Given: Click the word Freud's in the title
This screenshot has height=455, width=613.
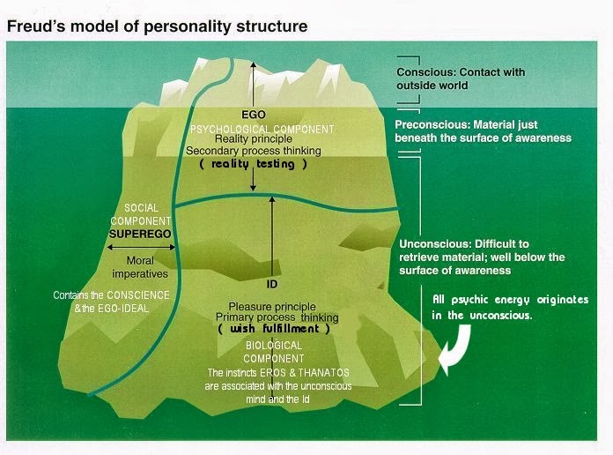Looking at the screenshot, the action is [36, 26].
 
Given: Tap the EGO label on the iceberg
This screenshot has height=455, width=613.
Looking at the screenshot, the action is [254, 115].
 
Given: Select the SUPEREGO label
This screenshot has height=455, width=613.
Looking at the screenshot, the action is [140, 235].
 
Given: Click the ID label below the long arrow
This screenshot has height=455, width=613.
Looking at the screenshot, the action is [271, 284].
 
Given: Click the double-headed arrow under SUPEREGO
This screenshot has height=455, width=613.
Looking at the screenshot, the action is [141, 247].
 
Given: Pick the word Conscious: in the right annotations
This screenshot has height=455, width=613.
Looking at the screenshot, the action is [426, 72].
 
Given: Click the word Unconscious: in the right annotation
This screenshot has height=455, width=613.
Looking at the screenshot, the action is [429, 244].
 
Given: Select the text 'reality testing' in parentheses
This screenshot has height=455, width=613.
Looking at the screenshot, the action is [253, 164].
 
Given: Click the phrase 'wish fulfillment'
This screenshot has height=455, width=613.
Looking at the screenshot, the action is [275, 328].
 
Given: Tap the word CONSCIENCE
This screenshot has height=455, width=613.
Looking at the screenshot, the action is [138, 295].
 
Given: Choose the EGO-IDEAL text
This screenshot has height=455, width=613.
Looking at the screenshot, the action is [123, 309].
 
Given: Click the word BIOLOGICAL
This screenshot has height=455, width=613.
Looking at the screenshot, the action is [274, 346].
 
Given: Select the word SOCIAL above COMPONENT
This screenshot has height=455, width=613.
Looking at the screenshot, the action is [141, 208].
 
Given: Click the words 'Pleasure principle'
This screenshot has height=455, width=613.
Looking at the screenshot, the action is [272, 307].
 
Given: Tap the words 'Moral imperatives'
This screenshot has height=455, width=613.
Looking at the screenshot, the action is [140, 267].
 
